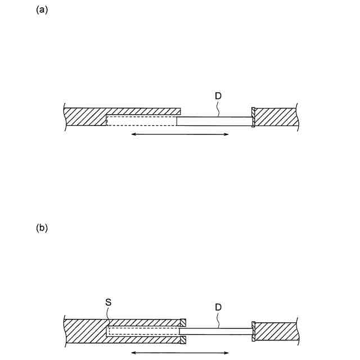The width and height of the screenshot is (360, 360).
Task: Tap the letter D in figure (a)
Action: (x=218, y=96)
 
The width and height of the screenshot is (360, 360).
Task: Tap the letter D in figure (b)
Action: (x=218, y=308)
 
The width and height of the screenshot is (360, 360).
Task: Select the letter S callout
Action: (x=109, y=302)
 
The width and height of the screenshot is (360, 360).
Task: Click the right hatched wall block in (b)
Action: (x=276, y=331)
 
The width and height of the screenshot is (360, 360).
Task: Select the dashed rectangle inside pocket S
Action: (x=143, y=332)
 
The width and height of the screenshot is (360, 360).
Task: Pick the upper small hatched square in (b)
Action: (x=183, y=323)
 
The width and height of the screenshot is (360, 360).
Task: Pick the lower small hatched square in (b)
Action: (x=183, y=339)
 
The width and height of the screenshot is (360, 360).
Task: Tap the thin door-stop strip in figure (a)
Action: (x=253, y=117)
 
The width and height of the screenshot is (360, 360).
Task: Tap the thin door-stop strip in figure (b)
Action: (x=253, y=331)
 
